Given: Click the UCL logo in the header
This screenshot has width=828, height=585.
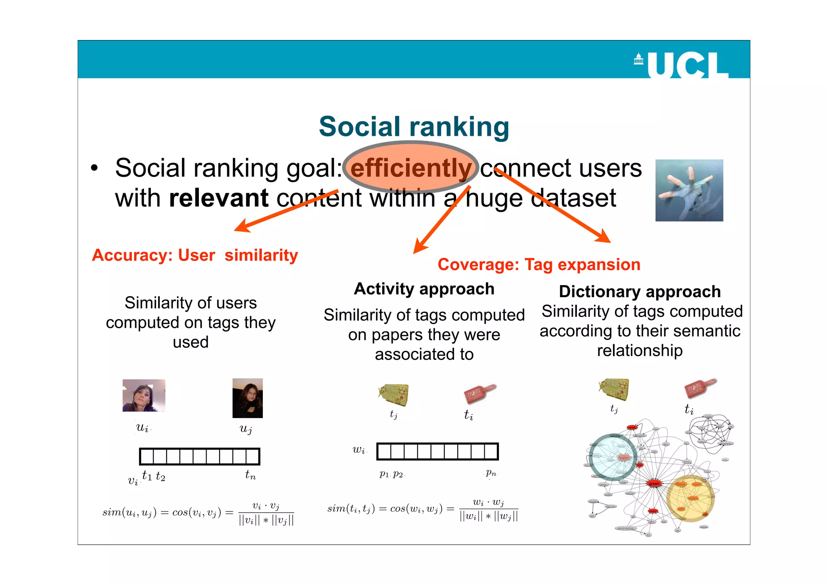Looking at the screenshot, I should click(x=682, y=65).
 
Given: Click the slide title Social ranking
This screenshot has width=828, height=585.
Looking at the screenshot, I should click(x=414, y=127).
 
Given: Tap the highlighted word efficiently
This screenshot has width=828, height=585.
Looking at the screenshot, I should click(x=411, y=168).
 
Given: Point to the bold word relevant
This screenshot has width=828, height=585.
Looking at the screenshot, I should click(x=219, y=198).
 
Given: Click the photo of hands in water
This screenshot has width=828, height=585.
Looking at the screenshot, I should click(x=689, y=190).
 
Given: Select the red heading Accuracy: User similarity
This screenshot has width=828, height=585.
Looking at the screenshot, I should click(x=195, y=256).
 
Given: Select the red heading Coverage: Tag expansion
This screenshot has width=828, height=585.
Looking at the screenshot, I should click(x=539, y=265).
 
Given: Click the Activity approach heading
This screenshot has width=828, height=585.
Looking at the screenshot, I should click(x=424, y=289).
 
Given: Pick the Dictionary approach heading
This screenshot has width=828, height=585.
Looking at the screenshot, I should click(x=640, y=291).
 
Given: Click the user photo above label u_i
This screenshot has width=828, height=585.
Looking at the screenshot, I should click(x=144, y=395).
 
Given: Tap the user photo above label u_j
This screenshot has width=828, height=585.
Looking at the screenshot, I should click(x=247, y=398).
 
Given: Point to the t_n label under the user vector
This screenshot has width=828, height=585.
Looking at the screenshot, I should click(x=250, y=475).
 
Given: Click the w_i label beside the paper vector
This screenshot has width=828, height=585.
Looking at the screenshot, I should click(x=359, y=450).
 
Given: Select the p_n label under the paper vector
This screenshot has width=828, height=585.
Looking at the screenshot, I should click(x=491, y=472).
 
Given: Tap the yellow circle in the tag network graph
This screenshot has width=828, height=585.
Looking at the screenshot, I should click(x=690, y=498).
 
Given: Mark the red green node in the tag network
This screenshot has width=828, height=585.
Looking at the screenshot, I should click(x=654, y=484).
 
